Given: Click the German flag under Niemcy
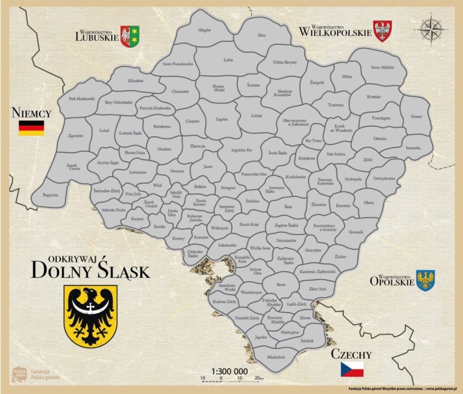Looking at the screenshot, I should [x=31, y=128].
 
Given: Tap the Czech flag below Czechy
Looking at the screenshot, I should [x=352, y=369].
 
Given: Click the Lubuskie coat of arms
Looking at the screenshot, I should [x=130, y=36].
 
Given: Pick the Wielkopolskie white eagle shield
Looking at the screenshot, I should [x=383, y=30].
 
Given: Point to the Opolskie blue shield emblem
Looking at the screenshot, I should [x=425, y=280].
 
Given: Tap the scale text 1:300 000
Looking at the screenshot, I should [x=230, y=372].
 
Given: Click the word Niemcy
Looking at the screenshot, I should [x=30, y=113].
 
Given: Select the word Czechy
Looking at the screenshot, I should [x=351, y=354].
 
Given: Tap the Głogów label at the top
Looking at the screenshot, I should [x=204, y=30].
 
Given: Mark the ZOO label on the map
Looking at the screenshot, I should [x=368, y=159].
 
